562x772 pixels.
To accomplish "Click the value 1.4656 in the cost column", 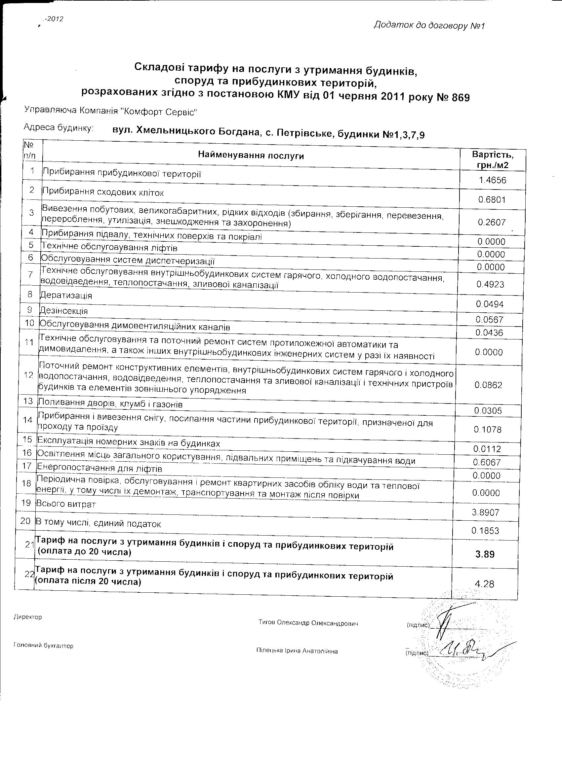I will point(493,180).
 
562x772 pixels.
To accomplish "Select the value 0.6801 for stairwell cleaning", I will point(492,200).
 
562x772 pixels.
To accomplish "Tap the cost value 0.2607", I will point(492,223).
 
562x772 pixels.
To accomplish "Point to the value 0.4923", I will point(490,285).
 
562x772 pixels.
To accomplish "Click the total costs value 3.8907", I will point(485,512).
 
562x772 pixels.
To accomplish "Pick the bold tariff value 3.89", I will point(485,554).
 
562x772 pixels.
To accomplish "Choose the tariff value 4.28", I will point(484,584).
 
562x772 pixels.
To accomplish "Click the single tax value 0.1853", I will point(485,531).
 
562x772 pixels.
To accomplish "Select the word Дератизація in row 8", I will point(66,295).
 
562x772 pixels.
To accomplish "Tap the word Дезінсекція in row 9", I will point(64,311).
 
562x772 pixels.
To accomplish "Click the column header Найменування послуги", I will point(251,156).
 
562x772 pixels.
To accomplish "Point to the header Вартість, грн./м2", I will point(493,160).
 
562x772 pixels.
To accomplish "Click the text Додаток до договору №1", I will point(429,25).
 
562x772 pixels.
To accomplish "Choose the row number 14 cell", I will point(27,420).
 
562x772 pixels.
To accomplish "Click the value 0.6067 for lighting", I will point(487,463).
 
